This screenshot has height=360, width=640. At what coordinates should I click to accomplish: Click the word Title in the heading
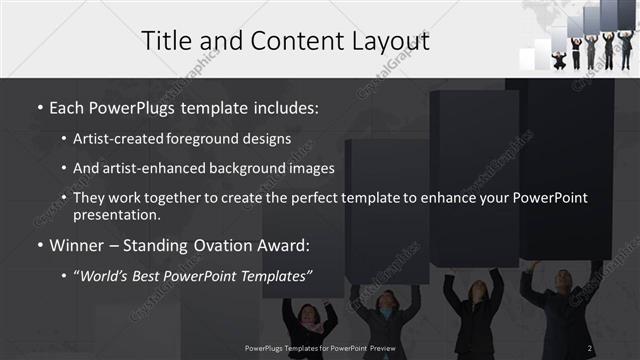[167, 41]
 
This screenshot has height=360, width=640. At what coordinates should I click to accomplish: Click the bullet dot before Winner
[40, 245]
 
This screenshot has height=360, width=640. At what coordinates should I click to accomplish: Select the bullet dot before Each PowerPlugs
[40, 105]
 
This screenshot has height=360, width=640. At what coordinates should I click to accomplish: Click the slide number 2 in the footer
[590, 348]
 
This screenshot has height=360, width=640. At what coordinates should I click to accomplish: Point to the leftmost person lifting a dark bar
[309, 320]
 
